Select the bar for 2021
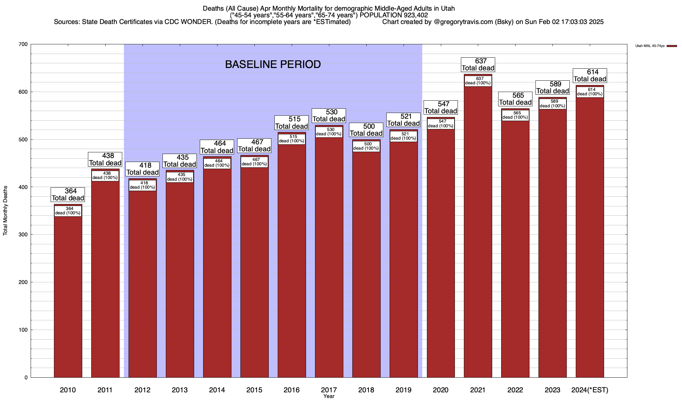478,233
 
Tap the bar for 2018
366,267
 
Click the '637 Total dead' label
478,65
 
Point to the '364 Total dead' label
68,195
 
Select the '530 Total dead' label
329,116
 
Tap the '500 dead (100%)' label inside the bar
366,146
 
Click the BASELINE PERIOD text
273,64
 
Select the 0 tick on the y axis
26,378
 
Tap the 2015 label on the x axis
254,390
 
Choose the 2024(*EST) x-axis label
590,390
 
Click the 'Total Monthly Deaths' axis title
5,211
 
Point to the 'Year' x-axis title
329,396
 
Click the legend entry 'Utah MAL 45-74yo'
650,46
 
